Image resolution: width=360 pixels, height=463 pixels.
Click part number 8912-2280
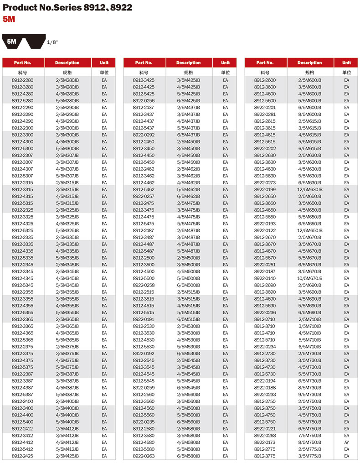(22, 80)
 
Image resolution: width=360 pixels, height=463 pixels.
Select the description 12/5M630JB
(309, 189)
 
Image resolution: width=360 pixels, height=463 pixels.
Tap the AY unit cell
(347, 442)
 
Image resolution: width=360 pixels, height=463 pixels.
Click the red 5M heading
(9, 19)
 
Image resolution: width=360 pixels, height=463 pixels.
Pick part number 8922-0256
(144, 100)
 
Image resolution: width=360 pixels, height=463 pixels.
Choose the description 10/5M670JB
(309, 278)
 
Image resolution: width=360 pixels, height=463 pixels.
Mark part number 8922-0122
(265, 230)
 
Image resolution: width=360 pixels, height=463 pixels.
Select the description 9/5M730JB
(309, 395)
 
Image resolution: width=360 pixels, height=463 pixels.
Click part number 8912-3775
(265, 456)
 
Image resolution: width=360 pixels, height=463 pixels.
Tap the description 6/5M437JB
(188, 135)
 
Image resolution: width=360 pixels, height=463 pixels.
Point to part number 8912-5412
(22, 449)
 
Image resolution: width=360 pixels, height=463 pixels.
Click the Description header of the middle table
(188, 62)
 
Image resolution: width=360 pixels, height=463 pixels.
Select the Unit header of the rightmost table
(347, 62)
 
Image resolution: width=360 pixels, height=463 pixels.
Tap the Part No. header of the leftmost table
(22, 62)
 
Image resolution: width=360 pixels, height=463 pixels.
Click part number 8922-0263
(144, 456)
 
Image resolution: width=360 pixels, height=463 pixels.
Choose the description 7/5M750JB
(309, 436)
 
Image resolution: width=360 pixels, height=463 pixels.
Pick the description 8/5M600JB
(309, 114)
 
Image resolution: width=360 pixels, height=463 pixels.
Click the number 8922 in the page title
(121, 7)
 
